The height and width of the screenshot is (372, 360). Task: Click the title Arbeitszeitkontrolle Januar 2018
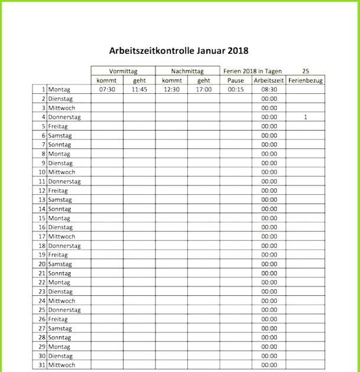coord(179,51)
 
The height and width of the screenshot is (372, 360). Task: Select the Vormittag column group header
coord(123,71)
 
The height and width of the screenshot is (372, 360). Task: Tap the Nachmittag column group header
coord(187,71)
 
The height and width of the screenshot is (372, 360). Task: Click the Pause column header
coord(236,80)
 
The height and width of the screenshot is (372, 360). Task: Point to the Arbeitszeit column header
coord(269,80)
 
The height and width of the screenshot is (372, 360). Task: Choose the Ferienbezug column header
coord(306,80)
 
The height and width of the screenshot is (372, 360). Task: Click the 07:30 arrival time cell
coord(107,90)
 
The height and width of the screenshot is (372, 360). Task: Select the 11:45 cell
coord(140,90)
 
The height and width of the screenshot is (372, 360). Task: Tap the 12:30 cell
coord(171,90)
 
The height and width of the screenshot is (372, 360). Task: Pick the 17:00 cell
coord(204,90)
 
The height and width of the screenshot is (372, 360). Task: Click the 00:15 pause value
coord(236,90)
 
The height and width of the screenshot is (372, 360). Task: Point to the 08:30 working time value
coord(269,90)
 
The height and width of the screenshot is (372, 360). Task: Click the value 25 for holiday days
coord(305,71)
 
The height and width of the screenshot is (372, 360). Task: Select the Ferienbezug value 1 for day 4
coord(306,118)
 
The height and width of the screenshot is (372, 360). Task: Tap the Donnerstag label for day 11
coord(64,182)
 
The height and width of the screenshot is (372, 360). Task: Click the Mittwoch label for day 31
coord(61,366)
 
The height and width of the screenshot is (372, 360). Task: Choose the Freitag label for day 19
coord(58,255)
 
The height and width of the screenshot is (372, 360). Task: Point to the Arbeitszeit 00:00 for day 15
coord(269,218)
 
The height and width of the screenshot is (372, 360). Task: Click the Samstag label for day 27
coord(60,329)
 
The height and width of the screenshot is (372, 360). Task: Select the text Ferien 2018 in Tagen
coord(252,71)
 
